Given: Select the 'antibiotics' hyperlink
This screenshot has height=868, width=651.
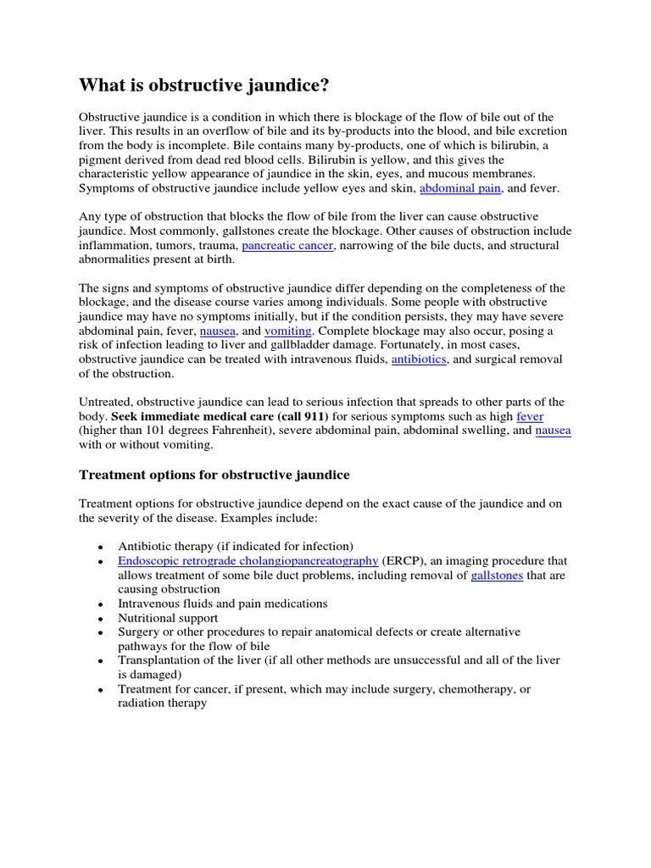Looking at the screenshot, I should (419, 359).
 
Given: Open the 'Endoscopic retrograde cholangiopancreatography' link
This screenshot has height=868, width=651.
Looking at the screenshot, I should (248, 560).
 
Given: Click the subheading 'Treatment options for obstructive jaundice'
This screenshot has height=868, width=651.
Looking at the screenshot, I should (214, 475).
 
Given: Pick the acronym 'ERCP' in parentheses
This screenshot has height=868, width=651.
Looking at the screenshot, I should (403, 560).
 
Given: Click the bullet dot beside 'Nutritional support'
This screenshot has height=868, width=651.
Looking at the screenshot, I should (101, 619).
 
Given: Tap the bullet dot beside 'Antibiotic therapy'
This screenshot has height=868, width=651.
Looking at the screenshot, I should (101, 547).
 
